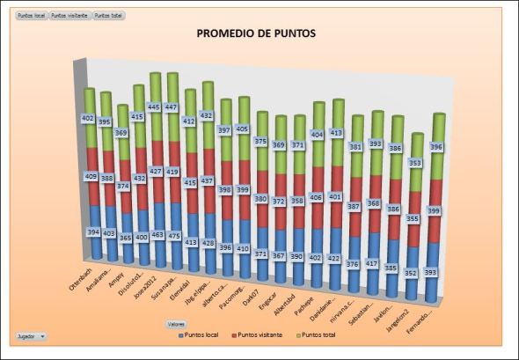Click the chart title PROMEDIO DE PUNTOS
click(256, 33)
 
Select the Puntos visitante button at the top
click(69, 16)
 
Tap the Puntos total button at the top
click(108, 16)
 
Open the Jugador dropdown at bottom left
click(32, 336)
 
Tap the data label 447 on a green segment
click(172, 107)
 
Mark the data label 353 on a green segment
click(414, 163)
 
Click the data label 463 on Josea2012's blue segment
click(157, 236)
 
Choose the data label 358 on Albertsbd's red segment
click(298, 201)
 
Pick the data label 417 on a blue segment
click(373, 263)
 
